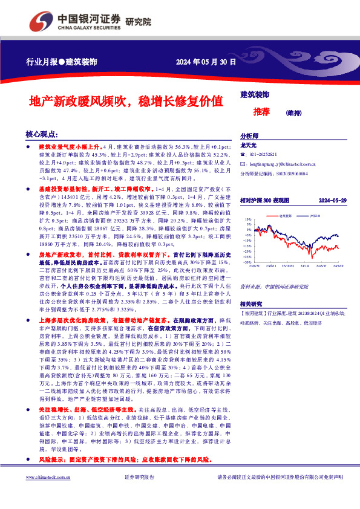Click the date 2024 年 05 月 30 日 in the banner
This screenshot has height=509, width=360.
tap(206, 62)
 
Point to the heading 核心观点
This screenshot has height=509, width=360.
tap(42, 134)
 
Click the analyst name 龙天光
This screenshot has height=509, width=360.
tap(249, 146)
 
